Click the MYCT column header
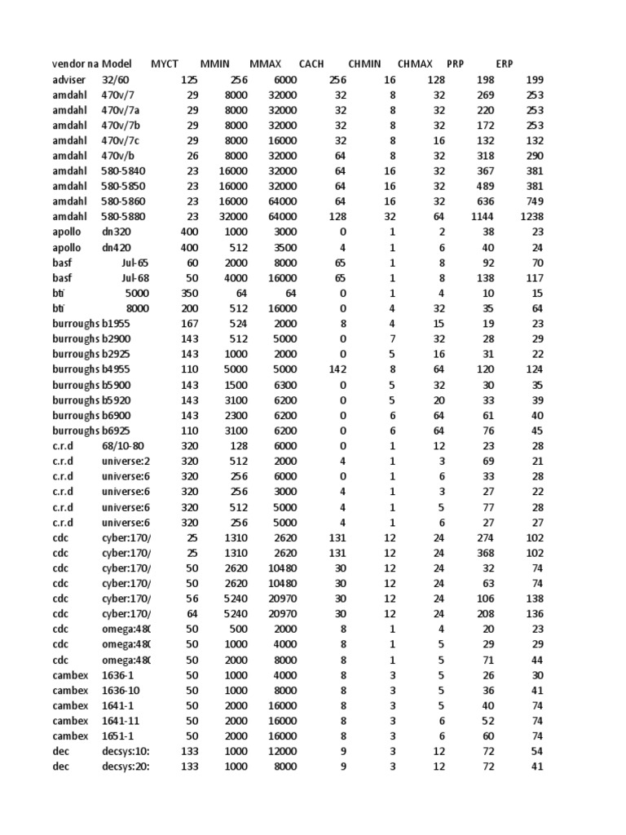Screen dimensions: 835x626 165,64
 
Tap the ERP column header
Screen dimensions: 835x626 505,64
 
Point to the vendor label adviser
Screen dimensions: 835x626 68,80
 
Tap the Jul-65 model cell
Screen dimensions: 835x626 138,263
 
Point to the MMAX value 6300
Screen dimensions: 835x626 284,385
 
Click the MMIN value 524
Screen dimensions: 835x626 237,324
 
